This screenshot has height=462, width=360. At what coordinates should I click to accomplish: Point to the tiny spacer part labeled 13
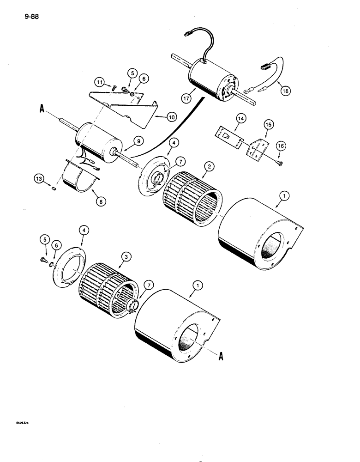click(54, 188)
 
